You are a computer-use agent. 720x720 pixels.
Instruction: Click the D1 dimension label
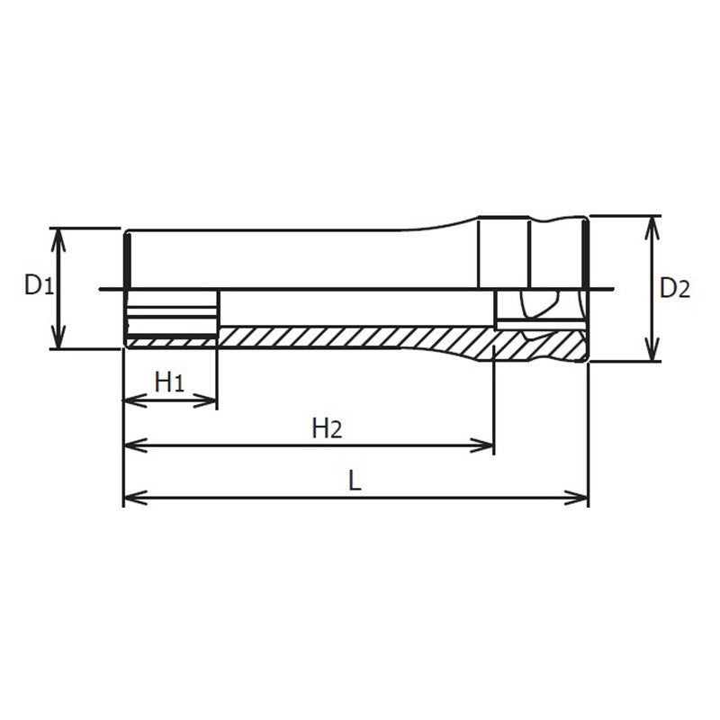click(x=39, y=286)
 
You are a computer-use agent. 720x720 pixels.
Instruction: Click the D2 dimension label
click(x=675, y=288)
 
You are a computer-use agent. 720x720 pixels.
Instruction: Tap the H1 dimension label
click(x=169, y=382)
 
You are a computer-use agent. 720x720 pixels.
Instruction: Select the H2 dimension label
click(x=326, y=428)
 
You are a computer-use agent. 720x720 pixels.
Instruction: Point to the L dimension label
click(x=355, y=481)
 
